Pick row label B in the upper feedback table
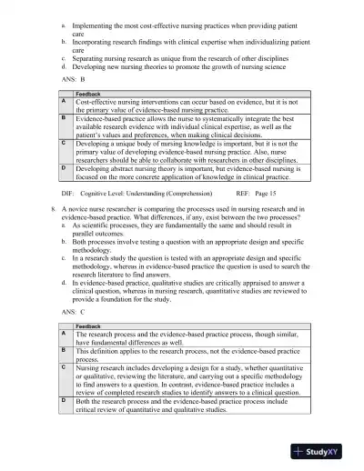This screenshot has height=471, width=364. pyautogui.click(x=63, y=118)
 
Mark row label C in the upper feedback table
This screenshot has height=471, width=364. pyautogui.click(x=63, y=143)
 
